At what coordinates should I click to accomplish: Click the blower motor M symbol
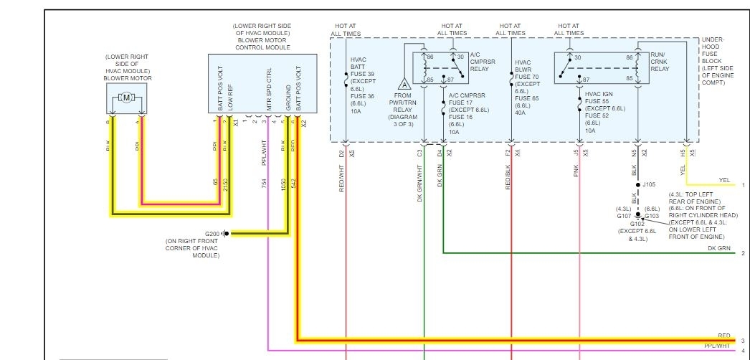pyautogui.click(x=126, y=97)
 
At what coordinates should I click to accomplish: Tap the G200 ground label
pyautogui.click(x=212, y=234)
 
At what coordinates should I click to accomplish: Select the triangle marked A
pyautogui.click(x=404, y=85)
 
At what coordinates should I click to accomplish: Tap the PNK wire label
pyautogui.click(x=576, y=172)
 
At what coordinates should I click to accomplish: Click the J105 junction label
pyautogui.click(x=649, y=184)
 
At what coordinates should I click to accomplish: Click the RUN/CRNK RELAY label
pyautogui.click(x=660, y=63)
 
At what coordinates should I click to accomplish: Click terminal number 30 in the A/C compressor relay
pyautogui.click(x=460, y=57)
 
